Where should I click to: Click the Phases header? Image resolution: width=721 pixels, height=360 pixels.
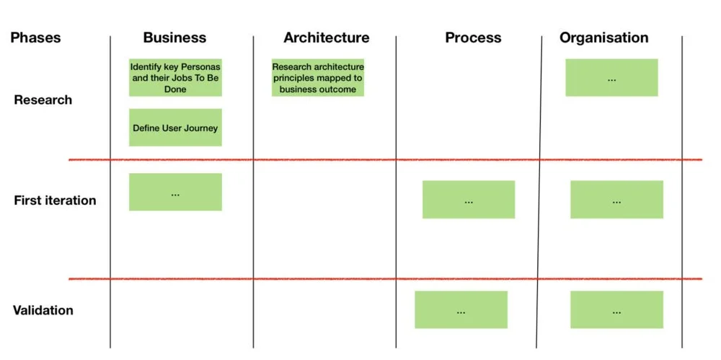click(35, 38)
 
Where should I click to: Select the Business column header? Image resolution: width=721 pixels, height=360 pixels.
click(174, 38)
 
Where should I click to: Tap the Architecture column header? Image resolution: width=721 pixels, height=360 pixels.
click(326, 38)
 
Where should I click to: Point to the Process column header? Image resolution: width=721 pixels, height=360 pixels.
click(473, 38)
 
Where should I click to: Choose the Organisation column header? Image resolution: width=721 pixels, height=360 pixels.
click(603, 38)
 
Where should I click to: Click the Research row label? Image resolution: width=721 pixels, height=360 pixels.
click(43, 100)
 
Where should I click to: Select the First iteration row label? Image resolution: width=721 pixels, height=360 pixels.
click(55, 200)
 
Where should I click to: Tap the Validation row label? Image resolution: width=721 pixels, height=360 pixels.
click(43, 310)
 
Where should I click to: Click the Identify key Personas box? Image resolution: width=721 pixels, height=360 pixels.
click(175, 78)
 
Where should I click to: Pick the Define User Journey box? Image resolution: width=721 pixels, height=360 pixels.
click(175, 128)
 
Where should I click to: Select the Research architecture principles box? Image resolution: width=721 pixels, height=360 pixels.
click(318, 78)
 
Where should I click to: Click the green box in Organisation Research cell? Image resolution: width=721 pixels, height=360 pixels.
click(611, 77)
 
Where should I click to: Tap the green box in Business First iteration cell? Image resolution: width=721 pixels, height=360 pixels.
click(175, 192)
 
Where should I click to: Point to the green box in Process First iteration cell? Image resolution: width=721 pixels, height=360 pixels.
click(469, 200)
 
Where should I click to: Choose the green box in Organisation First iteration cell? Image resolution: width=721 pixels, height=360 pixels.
click(616, 200)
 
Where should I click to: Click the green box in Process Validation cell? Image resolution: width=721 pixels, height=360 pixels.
click(461, 309)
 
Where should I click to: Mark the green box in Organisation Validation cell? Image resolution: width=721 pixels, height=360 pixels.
click(616, 309)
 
